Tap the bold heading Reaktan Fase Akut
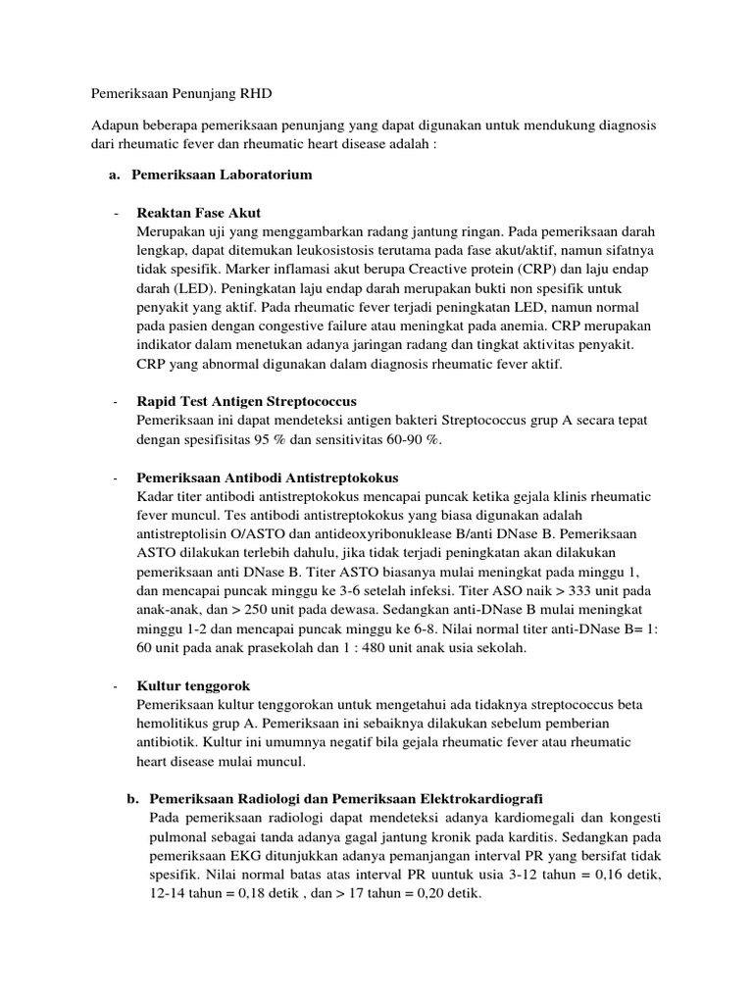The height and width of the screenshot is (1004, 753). [199, 213]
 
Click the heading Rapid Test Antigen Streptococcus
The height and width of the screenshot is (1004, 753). [246, 402]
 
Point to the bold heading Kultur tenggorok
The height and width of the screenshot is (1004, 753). [192, 685]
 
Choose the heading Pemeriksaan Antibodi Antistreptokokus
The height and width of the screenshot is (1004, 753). [268, 477]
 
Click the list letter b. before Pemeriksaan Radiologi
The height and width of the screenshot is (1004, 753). [133, 798]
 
